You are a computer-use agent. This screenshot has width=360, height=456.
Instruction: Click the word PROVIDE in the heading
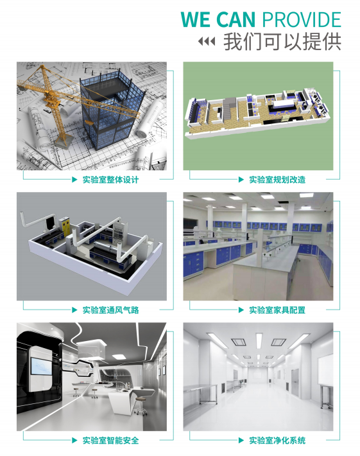tap(302, 19)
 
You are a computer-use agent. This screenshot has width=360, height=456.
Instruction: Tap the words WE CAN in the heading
tap(218, 19)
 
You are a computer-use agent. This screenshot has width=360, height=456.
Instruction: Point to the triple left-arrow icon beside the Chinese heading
tap(207, 41)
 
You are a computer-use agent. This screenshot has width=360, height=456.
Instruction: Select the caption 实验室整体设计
tap(110, 180)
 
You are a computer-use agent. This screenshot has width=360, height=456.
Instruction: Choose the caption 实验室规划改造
tap(277, 180)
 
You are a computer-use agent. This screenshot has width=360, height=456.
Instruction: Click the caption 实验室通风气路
tap(110, 310)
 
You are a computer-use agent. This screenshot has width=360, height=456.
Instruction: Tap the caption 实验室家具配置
tap(277, 310)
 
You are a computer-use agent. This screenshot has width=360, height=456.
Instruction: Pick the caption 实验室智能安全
tap(110, 441)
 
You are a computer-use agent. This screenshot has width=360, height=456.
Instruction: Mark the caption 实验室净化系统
tap(277, 441)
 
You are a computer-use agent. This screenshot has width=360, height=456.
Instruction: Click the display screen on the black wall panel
tap(42, 366)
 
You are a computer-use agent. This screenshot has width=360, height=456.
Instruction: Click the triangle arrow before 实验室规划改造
tap(241, 180)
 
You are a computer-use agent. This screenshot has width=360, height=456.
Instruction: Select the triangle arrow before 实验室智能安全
tap(74, 441)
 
